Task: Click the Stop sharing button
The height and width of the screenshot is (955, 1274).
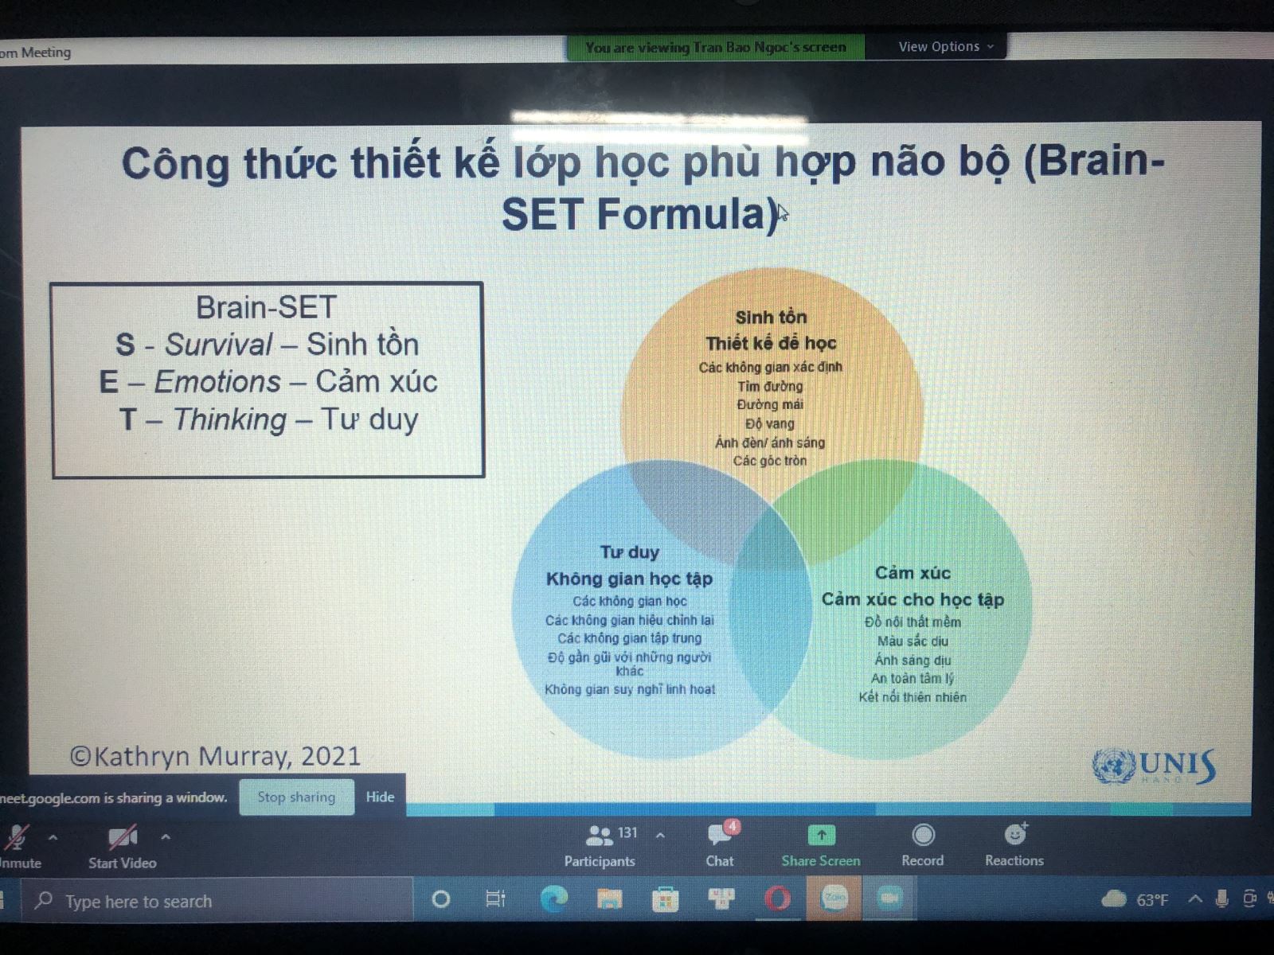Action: click(296, 797)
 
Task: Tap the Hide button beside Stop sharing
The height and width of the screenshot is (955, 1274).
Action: click(380, 797)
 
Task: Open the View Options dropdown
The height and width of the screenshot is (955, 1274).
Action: click(946, 46)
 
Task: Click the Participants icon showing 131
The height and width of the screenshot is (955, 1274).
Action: click(600, 836)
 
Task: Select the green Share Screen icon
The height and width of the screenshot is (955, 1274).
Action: click(821, 836)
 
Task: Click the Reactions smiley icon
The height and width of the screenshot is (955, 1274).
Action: click(1015, 834)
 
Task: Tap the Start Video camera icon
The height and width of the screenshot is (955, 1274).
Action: click(123, 836)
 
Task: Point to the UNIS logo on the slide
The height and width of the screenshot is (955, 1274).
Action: click(1153, 766)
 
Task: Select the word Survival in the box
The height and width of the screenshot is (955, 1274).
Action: click(219, 345)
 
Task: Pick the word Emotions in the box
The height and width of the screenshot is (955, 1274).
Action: click(217, 381)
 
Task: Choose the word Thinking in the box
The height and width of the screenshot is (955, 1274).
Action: click(230, 420)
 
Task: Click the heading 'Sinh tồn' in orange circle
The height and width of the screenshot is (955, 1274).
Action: click(771, 318)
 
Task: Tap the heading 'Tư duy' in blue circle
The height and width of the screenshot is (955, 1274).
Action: click(630, 552)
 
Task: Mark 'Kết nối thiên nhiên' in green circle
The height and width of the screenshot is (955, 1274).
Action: click(913, 697)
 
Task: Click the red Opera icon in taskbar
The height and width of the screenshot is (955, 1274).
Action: click(778, 899)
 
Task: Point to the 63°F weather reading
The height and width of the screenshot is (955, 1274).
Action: click(1152, 900)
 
